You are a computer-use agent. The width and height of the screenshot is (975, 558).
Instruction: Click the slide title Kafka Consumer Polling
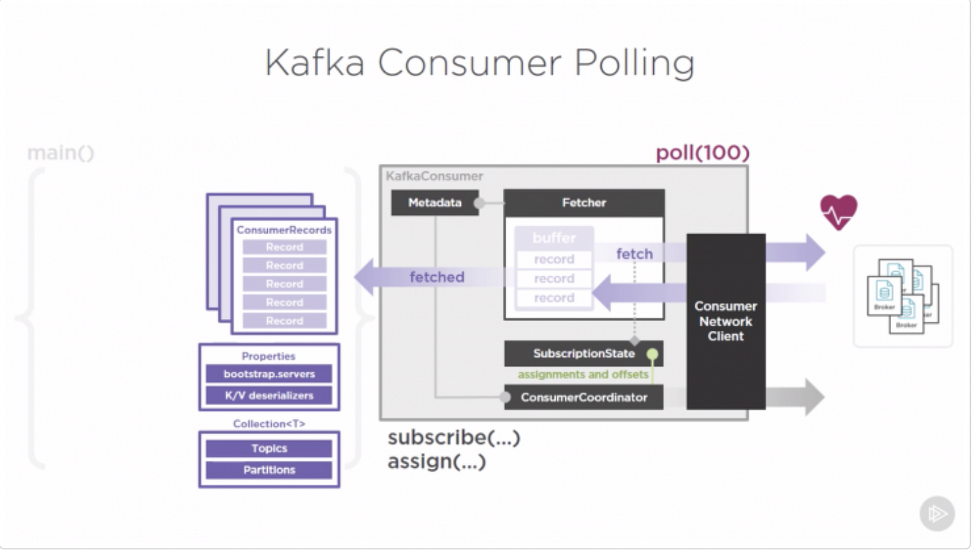click(480, 63)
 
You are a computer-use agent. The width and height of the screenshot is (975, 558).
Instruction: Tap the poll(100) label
click(702, 153)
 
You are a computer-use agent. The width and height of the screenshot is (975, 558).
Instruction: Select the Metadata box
click(434, 203)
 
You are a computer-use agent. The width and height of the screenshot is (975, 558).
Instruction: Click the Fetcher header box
click(584, 203)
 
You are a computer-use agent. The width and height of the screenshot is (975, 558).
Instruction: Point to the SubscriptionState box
click(583, 354)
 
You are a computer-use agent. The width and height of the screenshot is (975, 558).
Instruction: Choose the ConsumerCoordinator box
click(583, 397)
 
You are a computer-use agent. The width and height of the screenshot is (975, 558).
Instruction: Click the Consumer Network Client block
click(725, 321)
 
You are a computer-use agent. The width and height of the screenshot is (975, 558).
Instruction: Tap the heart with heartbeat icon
click(839, 213)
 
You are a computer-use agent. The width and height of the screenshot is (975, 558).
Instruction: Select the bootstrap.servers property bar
click(269, 374)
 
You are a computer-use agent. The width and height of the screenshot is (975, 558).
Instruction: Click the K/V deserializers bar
click(269, 395)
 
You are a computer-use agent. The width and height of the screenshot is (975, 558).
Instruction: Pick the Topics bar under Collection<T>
click(269, 449)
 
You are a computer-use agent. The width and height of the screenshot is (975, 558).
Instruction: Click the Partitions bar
click(269, 470)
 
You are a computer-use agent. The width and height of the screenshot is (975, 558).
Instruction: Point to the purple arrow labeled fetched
click(431, 277)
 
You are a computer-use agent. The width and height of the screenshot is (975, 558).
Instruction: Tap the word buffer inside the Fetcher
click(554, 238)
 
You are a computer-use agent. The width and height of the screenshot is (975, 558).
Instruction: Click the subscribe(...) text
click(454, 438)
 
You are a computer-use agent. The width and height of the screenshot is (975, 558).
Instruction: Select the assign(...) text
click(437, 461)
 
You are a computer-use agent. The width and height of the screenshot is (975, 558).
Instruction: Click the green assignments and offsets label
click(582, 375)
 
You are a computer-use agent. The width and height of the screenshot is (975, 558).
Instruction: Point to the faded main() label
click(60, 153)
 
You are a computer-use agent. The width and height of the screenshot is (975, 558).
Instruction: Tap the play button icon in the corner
click(937, 513)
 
